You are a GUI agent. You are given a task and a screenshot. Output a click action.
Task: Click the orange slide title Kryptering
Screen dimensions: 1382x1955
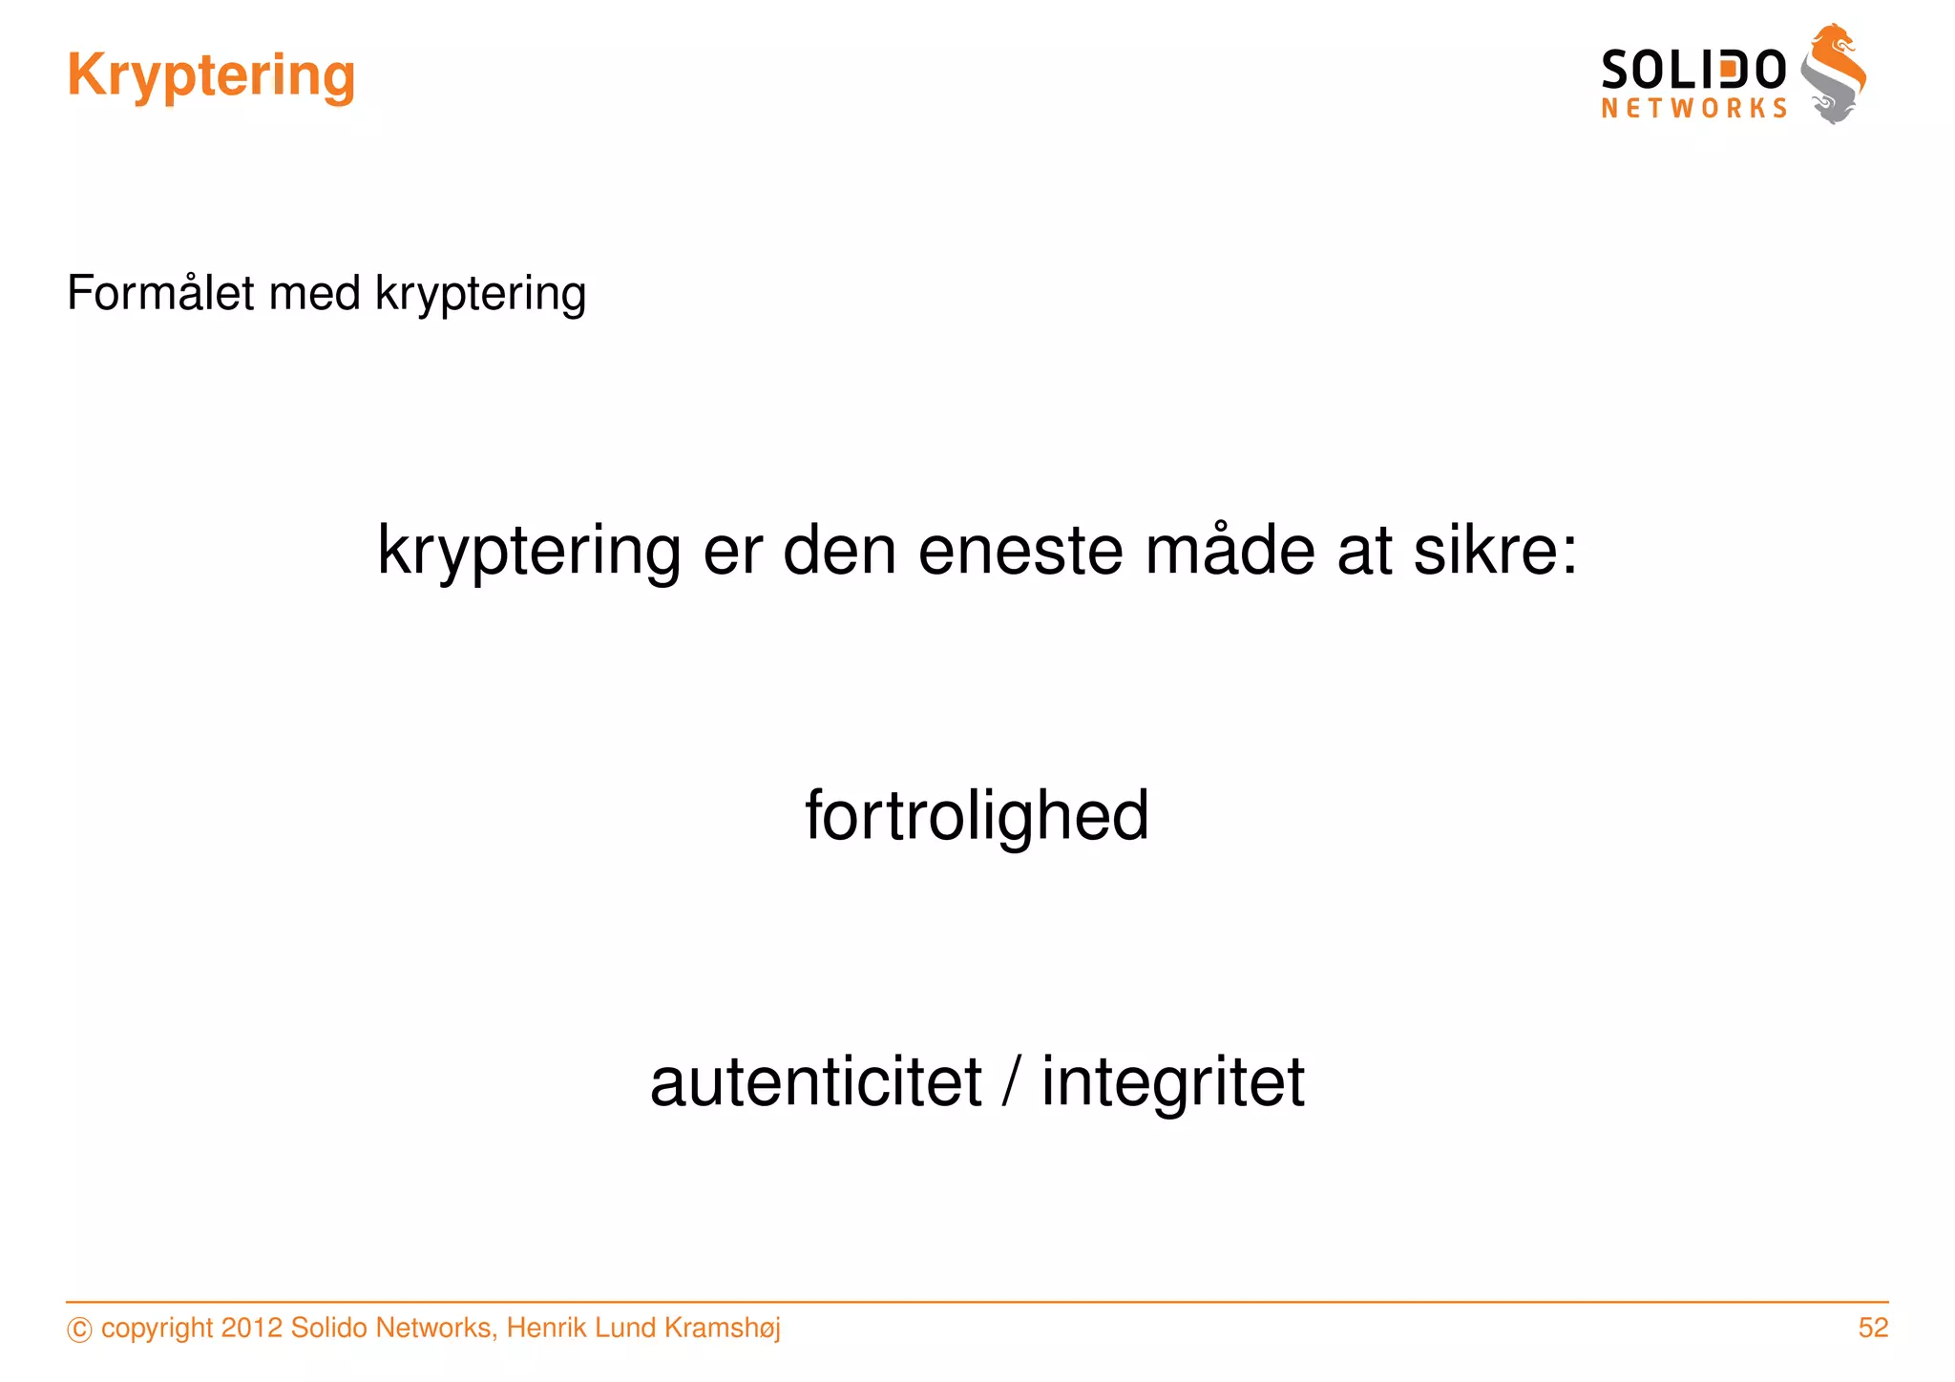[x=211, y=75]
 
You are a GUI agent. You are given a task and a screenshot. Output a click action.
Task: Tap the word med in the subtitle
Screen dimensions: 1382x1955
[x=315, y=293]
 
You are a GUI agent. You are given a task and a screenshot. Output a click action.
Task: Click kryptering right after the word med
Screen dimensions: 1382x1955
[x=480, y=294]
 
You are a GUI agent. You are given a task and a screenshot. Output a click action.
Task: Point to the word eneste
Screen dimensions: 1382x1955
[x=1020, y=551]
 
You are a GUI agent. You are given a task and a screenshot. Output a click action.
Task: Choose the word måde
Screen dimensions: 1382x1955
[x=1230, y=551]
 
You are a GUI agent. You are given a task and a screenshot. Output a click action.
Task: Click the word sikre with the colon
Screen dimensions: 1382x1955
[x=1495, y=551]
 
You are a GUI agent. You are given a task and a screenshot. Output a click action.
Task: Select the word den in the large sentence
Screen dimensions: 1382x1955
[x=839, y=551]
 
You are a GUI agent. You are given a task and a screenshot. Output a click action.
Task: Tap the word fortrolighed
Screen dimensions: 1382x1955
[x=977, y=816]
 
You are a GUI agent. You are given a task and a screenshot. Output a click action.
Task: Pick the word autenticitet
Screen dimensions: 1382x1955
[x=816, y=1082]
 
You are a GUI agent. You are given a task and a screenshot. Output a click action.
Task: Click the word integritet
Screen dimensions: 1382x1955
[x=1172, y=1082]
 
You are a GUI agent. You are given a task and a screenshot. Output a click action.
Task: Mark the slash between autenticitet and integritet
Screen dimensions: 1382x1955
[x=1011, y=1082]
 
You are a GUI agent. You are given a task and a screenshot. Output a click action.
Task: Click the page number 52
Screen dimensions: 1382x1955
[x=1873, y=1328]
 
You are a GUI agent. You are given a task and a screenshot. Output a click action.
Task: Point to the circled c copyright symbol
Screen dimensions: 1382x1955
[x=80, y=1330]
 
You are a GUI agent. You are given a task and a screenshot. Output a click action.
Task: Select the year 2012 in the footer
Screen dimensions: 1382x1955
[x=251, y=1328]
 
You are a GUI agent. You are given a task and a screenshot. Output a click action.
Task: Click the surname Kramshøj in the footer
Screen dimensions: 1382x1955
[x=722, y=1329]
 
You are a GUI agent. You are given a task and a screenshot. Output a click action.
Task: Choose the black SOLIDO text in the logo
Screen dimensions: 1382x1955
[x=1692, y=71]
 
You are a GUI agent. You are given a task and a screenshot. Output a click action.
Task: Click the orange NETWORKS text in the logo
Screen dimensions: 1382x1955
[x=1693, y=109]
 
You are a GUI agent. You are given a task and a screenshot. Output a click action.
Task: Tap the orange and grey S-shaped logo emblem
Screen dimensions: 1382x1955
[x=1834, y=74]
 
